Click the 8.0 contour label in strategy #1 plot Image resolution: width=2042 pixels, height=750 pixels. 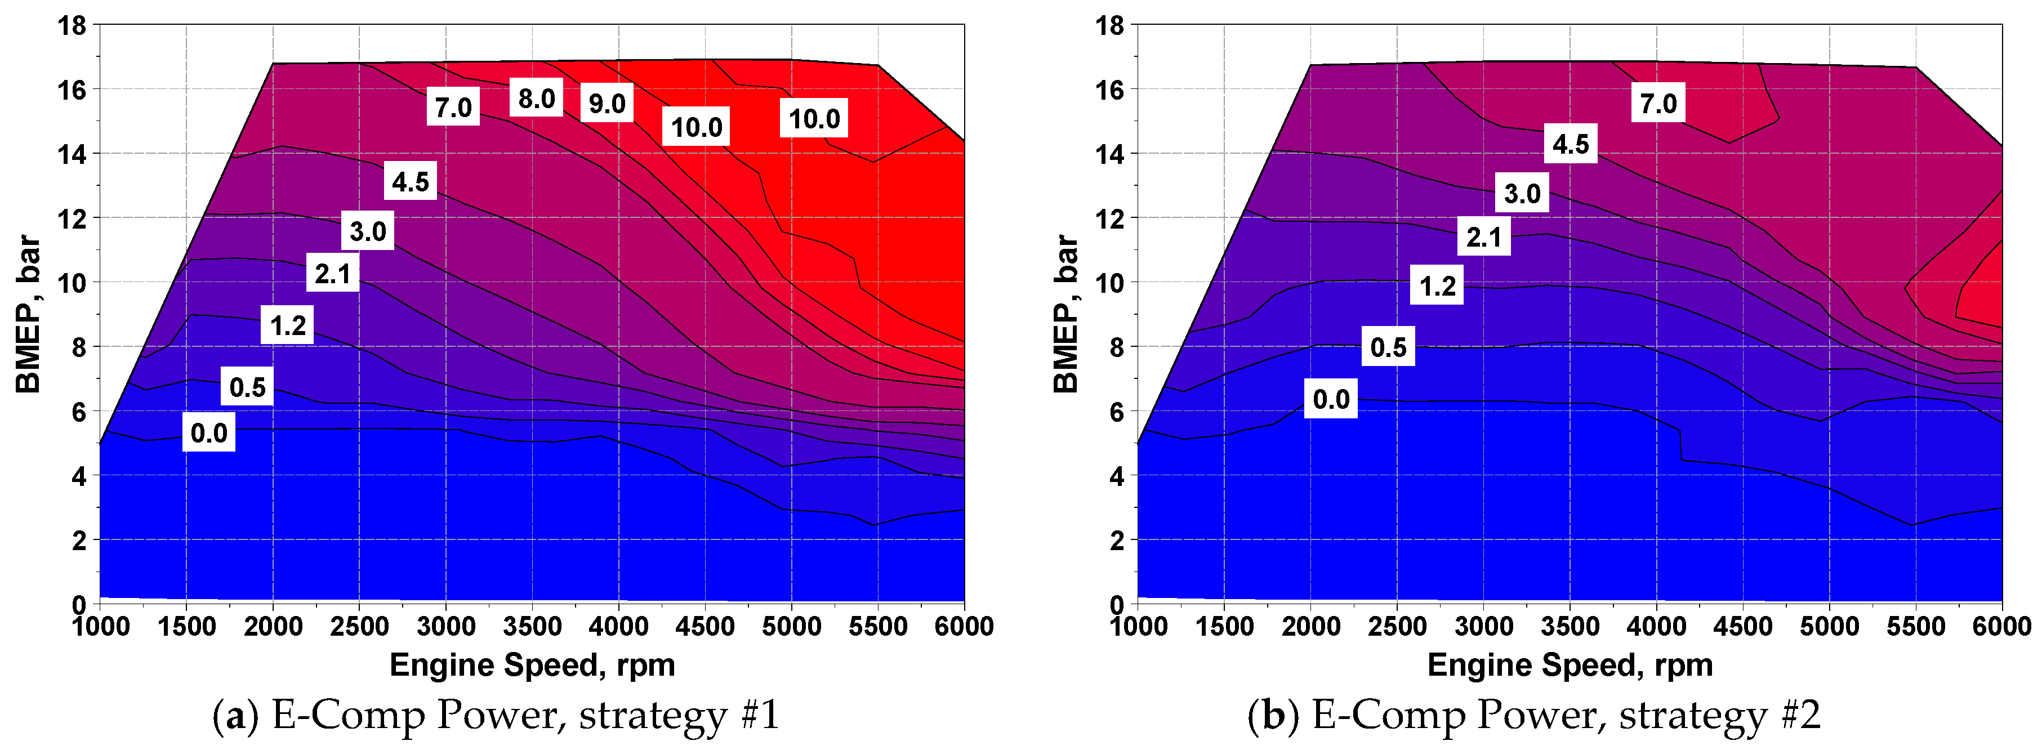point(536,99)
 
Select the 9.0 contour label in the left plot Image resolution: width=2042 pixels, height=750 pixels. point(607,103)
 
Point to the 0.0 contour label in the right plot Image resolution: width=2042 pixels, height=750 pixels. point(1331,399)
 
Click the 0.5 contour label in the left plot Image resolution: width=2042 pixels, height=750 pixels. point(247,387)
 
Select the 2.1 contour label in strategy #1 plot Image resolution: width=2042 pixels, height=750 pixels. point(332,274)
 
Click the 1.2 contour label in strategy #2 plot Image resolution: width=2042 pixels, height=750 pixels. point(1437,285)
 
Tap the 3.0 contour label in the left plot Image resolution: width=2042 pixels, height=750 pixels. point(368,231)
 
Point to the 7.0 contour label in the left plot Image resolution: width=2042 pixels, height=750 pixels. point(453,107)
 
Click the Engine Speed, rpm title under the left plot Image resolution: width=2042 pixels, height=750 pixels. point(532,665)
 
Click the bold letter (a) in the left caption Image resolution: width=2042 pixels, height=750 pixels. point(235,716)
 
